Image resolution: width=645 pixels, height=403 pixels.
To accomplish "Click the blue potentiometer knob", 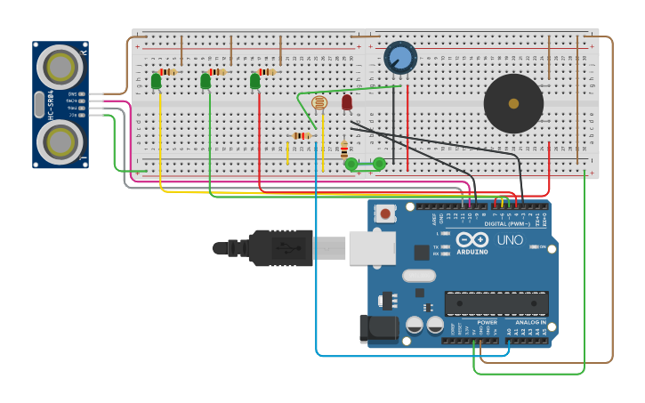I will click(x=400, y=58).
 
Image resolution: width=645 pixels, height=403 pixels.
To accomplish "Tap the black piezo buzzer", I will click(x=513, y=103).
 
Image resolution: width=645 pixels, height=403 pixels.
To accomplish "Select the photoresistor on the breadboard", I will click(x=320, y=103).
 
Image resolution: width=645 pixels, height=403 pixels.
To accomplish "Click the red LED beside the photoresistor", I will click(x=347, y=102).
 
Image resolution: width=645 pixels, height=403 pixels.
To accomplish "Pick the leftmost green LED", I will click(x=157, y=81).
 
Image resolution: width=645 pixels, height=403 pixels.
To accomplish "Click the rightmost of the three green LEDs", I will click(x=255, y=81).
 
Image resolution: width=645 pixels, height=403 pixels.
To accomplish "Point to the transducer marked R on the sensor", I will click(x=60, y=66).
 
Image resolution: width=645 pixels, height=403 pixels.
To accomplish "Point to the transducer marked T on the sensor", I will click(x=60, y=141).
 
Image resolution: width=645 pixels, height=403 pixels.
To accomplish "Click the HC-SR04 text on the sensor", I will click(x=52, y=104).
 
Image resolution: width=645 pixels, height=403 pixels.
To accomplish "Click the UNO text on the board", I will click(x=510, y=240).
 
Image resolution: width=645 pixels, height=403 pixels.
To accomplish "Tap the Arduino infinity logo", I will click(x=472, y=239).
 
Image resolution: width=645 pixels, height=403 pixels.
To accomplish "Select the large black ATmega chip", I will click(x=496, y=303).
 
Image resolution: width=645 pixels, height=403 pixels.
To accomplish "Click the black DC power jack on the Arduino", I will click(x=379, y=327).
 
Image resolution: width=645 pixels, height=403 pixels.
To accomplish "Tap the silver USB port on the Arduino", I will click(x=372, y=247).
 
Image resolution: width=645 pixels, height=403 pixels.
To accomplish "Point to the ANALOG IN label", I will click(x=530, y=322).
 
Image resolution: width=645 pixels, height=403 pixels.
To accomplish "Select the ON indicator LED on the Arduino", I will click(x=533, y=246).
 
